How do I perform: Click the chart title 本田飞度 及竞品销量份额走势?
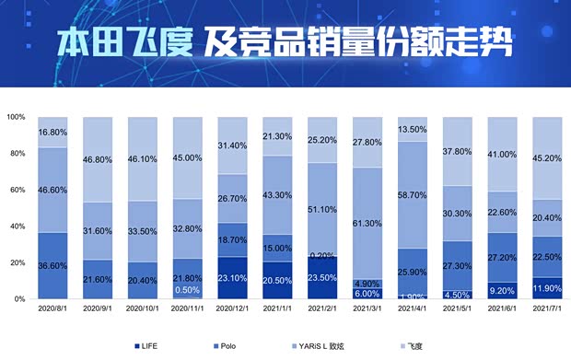pos(284,41)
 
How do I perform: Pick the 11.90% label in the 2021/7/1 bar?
pos(548,288)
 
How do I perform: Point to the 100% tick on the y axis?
pos(16,117)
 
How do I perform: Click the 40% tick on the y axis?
pos(17,226)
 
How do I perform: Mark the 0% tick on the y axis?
pos(19,299)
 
